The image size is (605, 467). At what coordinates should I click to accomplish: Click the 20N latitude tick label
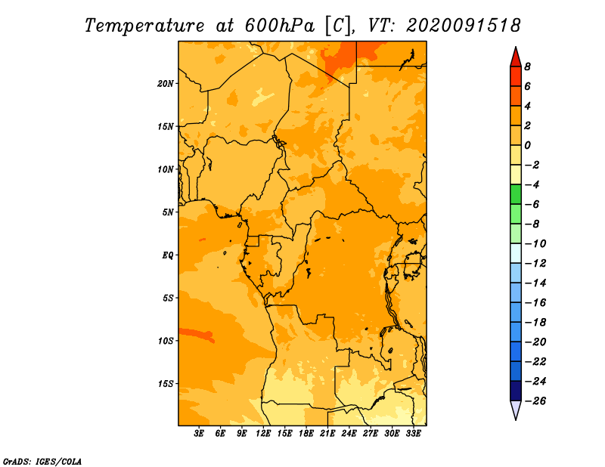click(x=166, y=84)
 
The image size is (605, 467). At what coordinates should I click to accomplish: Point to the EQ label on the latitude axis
click(x=168, y=255)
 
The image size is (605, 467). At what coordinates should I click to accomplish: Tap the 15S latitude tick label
click(x=166, y=384)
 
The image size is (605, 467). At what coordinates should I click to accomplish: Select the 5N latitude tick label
click(x=168, y=212)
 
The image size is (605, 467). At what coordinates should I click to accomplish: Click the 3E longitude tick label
click(x=199, y=434)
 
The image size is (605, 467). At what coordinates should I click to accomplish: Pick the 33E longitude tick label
click(x=413, y=434)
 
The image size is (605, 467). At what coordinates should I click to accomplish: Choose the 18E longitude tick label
click(x=306, y=434)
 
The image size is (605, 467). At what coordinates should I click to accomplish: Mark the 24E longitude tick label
click(x=349, y=434)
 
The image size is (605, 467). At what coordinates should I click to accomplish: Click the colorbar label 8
click(x=527, y=66)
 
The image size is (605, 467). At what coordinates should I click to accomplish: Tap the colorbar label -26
click(x=535, y=401)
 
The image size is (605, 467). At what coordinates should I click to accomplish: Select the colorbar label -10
click(x=535, y=244)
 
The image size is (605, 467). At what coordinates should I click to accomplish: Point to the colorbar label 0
click(x=527, y=145)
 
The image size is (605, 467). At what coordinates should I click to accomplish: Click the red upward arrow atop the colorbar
click(x=516, y=57)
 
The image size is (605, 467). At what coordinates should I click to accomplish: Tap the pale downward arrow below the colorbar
click(x=516, y=410)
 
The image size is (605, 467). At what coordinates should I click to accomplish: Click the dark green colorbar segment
click(x=516, y=194)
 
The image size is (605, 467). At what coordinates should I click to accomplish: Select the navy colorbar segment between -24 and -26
click(x=516, y=391)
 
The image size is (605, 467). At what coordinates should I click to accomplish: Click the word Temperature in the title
click(x=144, y=26)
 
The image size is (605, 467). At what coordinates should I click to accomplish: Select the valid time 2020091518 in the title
click(x=463, y=26)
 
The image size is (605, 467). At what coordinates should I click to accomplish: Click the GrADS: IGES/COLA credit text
click(x=42, y=461)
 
